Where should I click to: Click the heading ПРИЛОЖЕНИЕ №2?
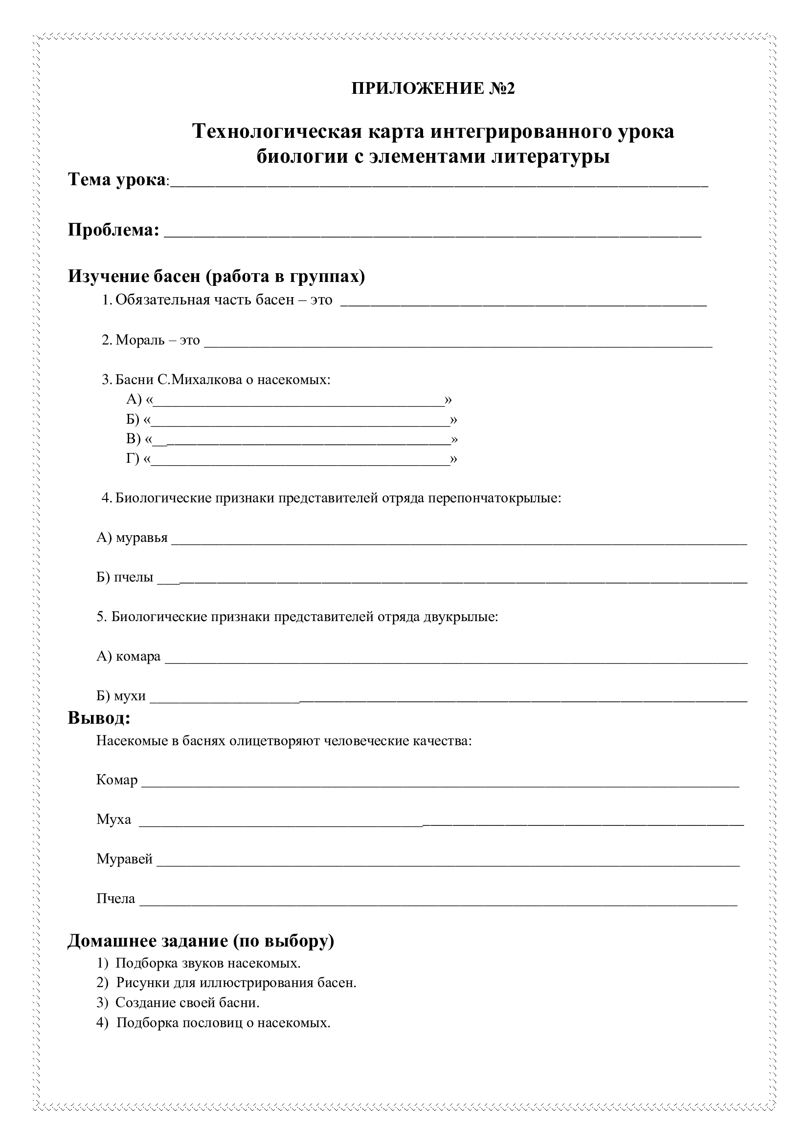point(433,88)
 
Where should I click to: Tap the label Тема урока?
point(116,179)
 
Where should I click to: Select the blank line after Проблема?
point(432,233)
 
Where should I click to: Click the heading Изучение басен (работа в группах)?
point(216,276)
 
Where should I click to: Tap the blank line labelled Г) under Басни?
point(300,461)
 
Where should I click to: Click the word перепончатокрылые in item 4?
point(494,498)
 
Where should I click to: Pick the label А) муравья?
point(132,538)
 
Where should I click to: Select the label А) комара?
point(129,656)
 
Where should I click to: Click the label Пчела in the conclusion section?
point(115,899)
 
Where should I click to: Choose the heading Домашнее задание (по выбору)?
point(201,940)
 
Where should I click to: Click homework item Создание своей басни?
point(187,1002)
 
